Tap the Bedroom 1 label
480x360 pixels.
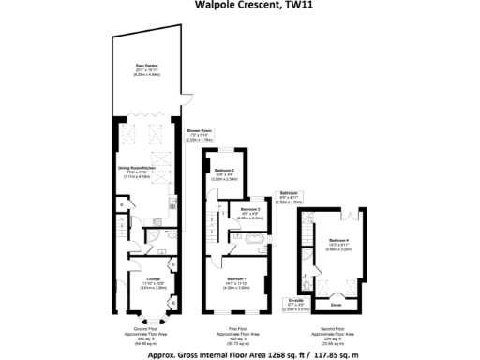click(235, 285)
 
